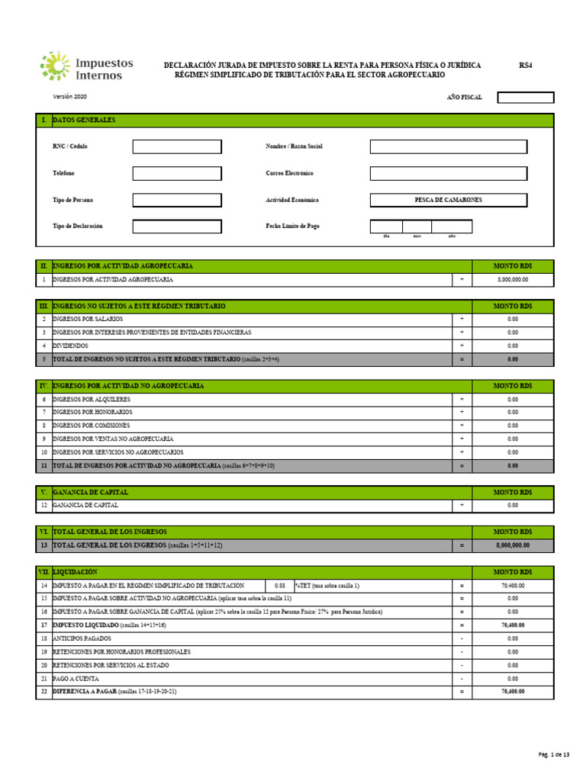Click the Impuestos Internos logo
point(86,66)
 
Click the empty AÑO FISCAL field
point(525,98)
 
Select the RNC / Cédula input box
point(177,146)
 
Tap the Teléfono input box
point(177,173)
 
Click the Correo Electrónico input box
point(448,173)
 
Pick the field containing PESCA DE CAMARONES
point(448,200)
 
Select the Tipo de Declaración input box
point(177,227)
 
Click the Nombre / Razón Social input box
point(448,146)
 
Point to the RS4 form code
point(525,66)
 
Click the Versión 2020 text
point(69,98)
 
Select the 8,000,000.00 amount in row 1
point(512,280)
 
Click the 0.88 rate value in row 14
point(279,585)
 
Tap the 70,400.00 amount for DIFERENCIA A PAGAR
point(512,692)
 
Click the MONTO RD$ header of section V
point(512,492)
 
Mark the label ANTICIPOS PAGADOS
point(82,638)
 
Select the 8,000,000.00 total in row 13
point(512,545)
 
